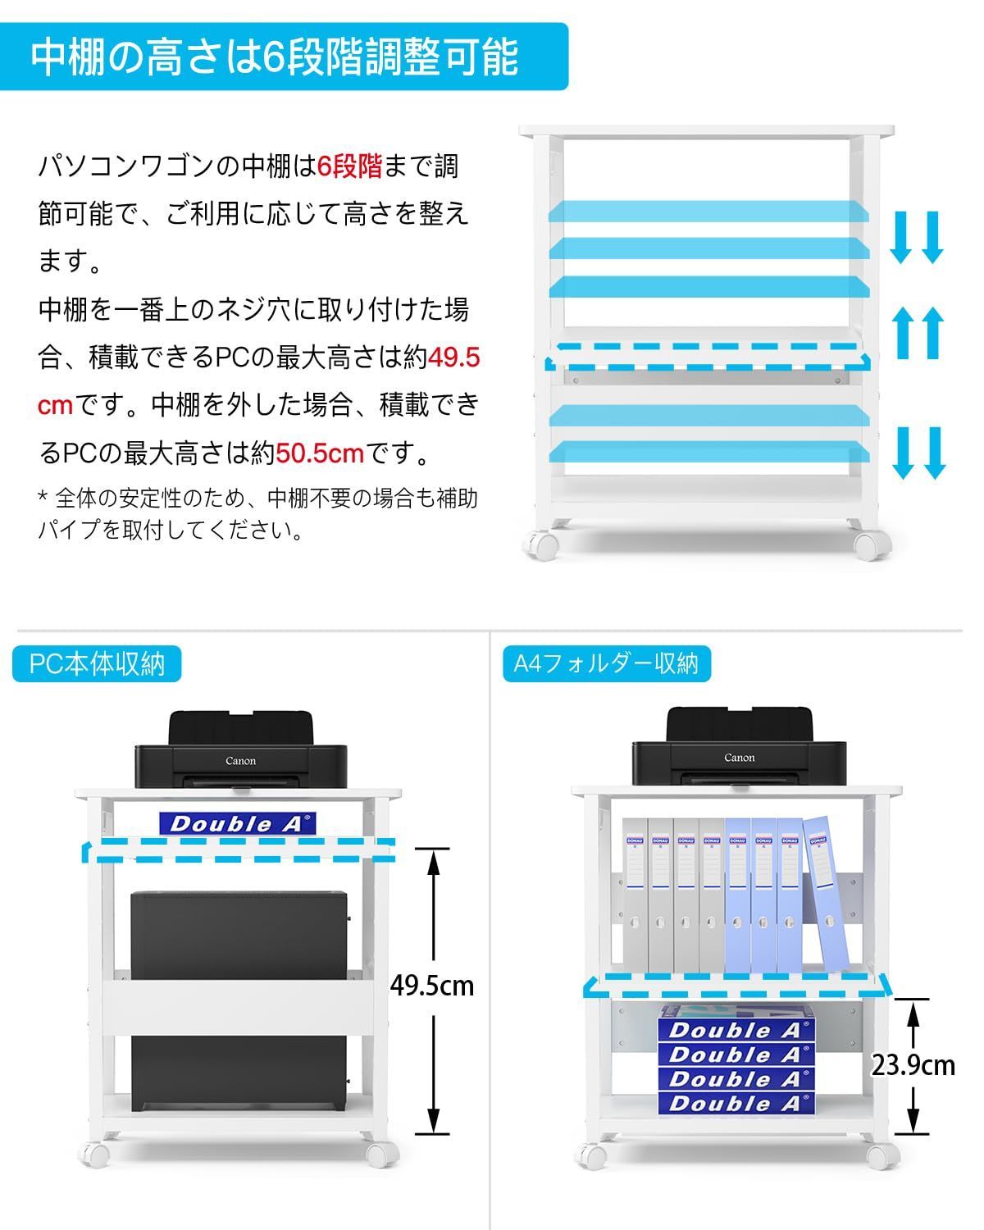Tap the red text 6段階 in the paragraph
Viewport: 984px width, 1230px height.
(350, 166)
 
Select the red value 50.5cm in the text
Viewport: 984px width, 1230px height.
(319, 452)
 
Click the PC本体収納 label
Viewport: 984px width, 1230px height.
(97, 663)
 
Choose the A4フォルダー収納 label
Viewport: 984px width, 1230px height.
(606, 663)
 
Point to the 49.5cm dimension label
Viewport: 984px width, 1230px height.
(432, 985)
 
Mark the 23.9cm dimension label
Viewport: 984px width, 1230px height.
(913, 1064)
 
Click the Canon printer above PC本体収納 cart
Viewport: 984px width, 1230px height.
(241, 750)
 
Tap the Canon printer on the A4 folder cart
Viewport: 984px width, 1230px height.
(739, 748)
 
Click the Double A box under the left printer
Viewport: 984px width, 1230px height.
(237, 823)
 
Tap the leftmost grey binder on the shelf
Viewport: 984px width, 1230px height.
(635, 894)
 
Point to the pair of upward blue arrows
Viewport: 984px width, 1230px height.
(918, 332)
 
